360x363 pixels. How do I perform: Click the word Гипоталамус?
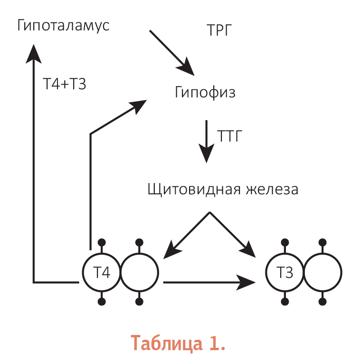63,26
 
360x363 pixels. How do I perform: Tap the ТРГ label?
219,30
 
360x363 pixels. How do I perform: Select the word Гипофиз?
205,92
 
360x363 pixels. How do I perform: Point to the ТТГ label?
229,136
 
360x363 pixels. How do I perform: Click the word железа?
272,190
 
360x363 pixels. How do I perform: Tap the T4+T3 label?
65,84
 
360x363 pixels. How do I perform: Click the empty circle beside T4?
140,254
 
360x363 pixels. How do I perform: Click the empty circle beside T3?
323,254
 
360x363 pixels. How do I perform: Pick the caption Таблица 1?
178,343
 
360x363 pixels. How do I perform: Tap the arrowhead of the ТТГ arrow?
207,153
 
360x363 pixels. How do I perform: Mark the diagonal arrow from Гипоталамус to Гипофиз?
172,53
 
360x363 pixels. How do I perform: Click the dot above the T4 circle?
102,242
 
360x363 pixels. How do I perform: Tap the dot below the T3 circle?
285,302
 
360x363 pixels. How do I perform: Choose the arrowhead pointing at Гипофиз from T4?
138,106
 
